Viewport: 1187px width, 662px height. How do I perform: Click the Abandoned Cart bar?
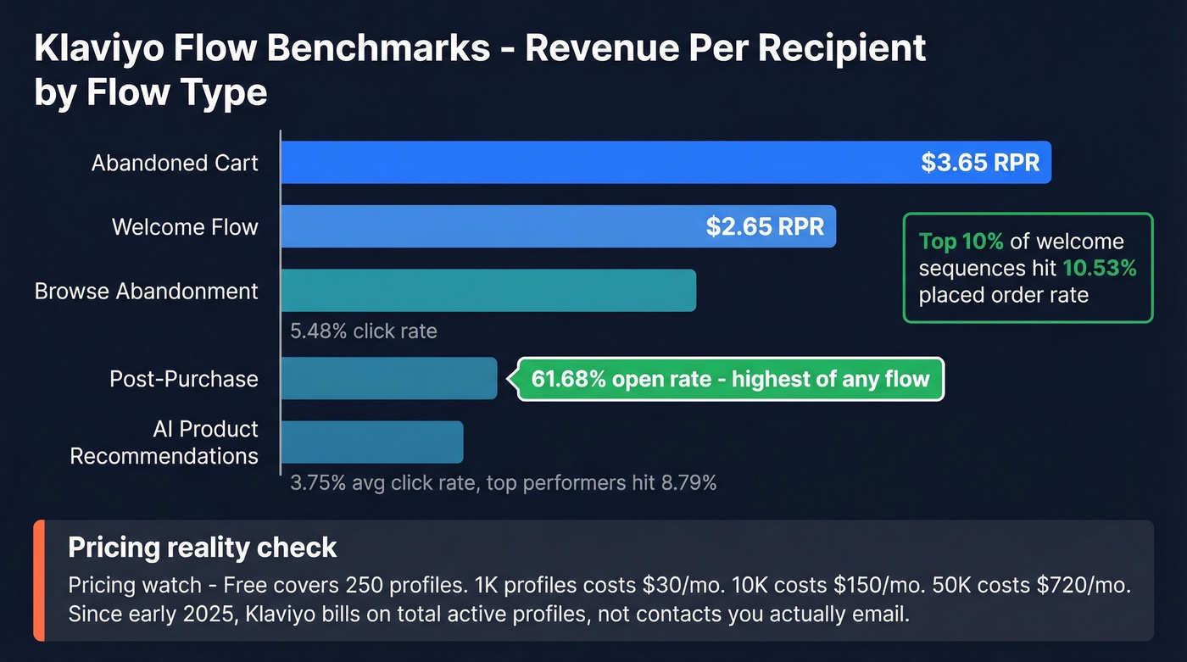coord(593,162)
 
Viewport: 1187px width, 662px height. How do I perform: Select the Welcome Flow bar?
coord(492,226)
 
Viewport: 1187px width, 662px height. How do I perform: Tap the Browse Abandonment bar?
coord(488,291)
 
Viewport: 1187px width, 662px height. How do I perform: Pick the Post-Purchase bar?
coord(388,378)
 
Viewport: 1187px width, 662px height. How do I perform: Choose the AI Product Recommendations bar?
coord(371,442)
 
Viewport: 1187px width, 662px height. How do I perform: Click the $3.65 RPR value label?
coord(980,162)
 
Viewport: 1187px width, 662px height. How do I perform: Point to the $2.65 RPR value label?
coord(765,226)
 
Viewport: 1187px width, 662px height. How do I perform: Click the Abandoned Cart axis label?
coord(175,162)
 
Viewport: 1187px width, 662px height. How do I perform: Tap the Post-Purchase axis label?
coord(184,378)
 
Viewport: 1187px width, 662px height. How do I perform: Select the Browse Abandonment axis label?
coord(147,291)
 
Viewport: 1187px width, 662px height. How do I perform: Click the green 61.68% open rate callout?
coord(730,378)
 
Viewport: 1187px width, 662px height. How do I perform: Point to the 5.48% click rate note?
coord(364,331)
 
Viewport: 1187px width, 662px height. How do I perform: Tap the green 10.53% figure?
coord(1099,268)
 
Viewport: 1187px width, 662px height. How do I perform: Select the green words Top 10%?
coord(961,242)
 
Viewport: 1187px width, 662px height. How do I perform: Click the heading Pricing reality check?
coord(203,548)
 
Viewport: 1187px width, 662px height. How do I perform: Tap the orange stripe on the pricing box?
coord(39,580)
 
